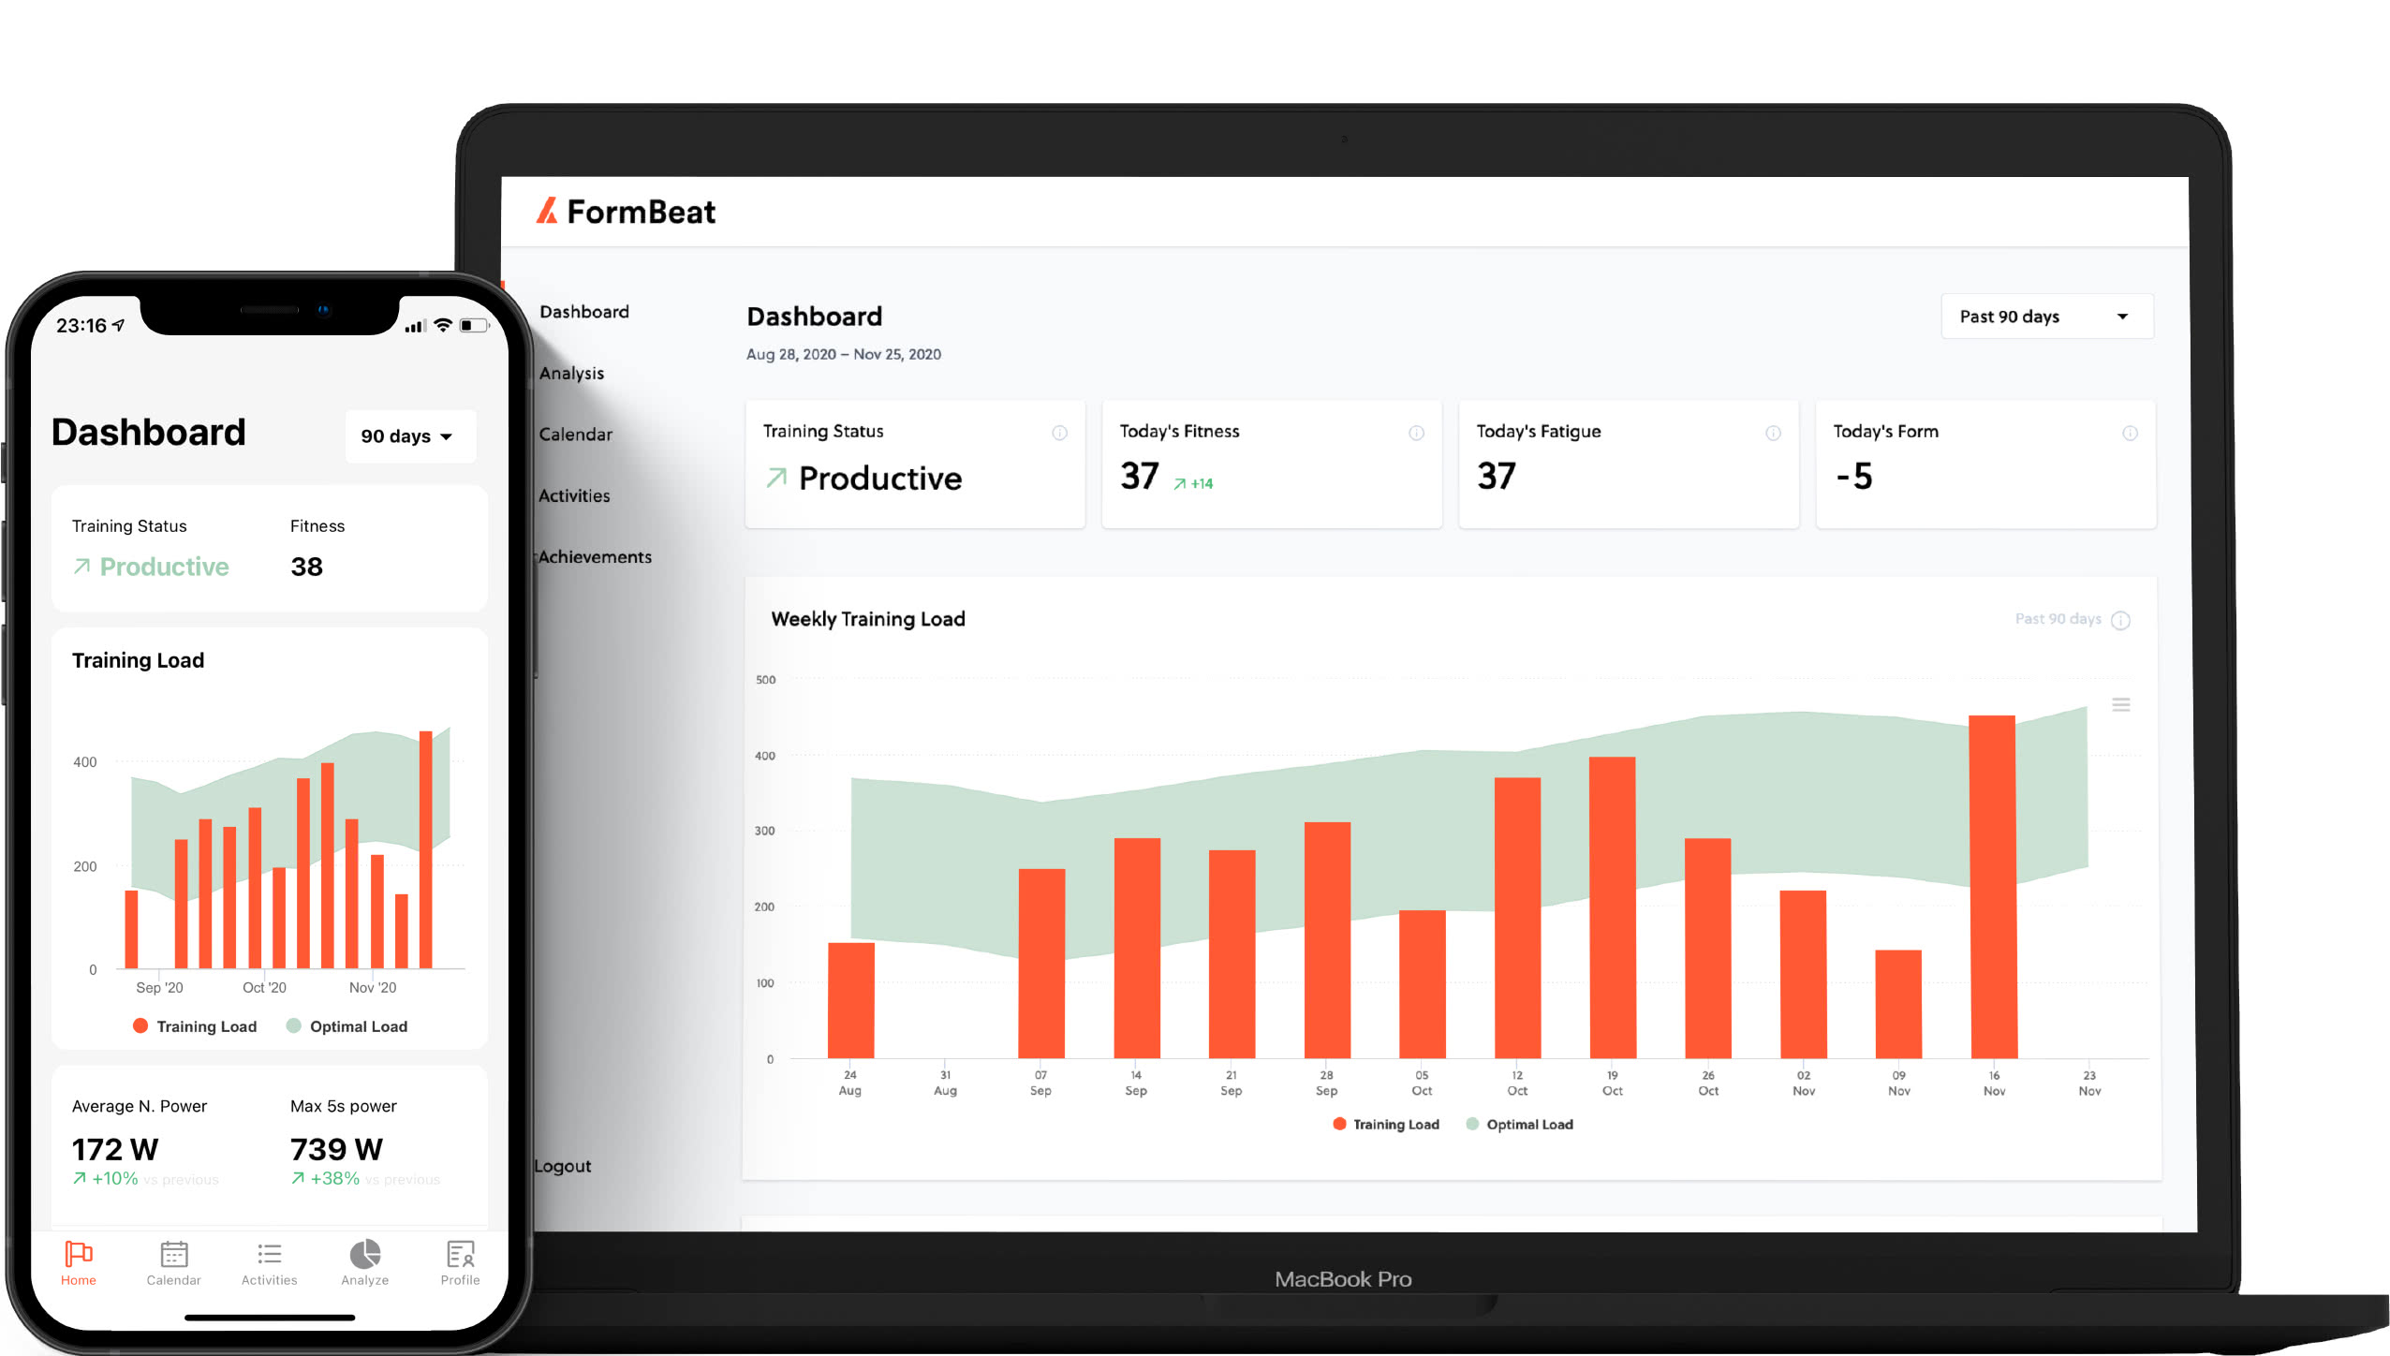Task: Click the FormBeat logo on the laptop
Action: pyautogui.click(x=626, y=212)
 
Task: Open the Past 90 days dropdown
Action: pyautogui.click(x=2046, y=317)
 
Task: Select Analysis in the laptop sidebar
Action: pyautogui.click(x=571, y=373)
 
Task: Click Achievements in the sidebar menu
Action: pyautogui.click(x=595, y=556)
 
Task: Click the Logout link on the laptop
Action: pyautogui.click(x=563, y=1166)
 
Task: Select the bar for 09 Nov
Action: pyautogui.click(x=1897, y=1004)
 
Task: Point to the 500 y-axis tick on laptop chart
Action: pyautogui.click(x=765, y=680)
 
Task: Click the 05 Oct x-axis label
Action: pyautogui.click(x=1422, y=1083)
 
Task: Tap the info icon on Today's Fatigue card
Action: pyautogui.click(x=1773, y=433)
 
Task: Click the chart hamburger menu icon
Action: pyautogui.click(x=2121, y=704)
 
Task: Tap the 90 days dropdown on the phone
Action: pyautogui.click(x=408, y=436)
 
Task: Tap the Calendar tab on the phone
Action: pyautogui.click(x=174, y=1262)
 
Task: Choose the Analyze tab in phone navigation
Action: pyautogui.click(x=364, y=1262)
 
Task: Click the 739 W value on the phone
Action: pyautogui.click(x=336, y=1149)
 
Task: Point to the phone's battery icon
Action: pyautogui.click(x=474, y=326)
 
